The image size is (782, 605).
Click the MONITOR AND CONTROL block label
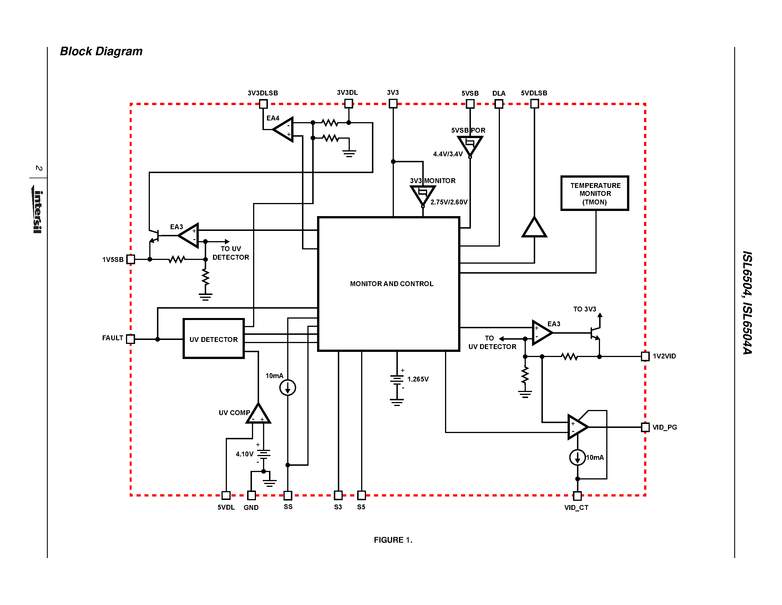[391, 284]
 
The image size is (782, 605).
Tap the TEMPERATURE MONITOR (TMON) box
[595, 194]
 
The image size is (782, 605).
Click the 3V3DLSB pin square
[263, 104]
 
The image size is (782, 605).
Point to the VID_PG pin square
[645, 427]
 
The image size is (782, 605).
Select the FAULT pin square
[131, 339]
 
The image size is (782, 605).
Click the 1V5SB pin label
[113, 259]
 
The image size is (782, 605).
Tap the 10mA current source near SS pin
[287, 387]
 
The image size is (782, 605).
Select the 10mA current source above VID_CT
[577, 457]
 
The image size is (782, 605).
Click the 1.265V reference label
[417, 379]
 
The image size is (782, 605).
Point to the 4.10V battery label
[245, 454]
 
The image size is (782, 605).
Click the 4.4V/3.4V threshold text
[448, 154]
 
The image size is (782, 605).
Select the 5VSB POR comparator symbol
[470, 145]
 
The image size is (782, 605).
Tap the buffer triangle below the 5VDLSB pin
[534, 228]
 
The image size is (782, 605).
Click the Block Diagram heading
[101, 51]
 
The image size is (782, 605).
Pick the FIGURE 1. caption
[393, 540]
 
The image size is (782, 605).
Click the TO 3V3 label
[584, 309]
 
